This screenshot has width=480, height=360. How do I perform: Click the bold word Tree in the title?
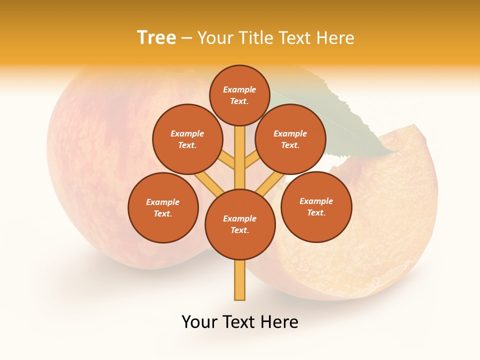pyautogui.click(x=156, y=38)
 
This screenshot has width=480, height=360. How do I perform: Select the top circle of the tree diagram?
pyautogui.click(x=239, y=95)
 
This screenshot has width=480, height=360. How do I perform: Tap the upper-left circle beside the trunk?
pyautogui.click(x=187, y=139)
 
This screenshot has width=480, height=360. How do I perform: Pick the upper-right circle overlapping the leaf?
pyautogui.click(x=290, y=139)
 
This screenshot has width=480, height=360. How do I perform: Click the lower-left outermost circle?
pyautogui.click(x=163, y=207)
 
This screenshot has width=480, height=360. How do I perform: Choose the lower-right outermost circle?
pyautogui.click(x=316, y=206)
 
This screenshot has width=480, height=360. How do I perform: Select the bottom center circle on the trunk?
pyautogui.click(x=240, y=224)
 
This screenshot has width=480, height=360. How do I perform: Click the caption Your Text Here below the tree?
pyautogui.click(x=240, y=322)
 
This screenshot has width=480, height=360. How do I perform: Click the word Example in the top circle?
pyautogui.click(x=239, y=89)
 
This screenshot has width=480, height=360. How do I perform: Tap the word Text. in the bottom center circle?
pyautogui.click(x=239, y=230)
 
